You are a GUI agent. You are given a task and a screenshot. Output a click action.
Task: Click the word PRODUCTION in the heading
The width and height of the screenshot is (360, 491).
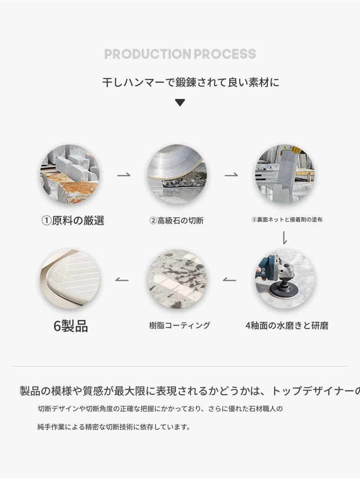(x=148, y=54)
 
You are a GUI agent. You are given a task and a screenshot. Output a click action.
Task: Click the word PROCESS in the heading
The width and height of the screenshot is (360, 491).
(x=225, y=54)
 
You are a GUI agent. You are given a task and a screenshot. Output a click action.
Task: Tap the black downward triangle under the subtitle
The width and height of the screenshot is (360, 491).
(x=180, y=103)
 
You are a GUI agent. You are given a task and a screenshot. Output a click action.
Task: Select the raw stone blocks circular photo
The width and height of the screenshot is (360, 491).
(x=70, y=174)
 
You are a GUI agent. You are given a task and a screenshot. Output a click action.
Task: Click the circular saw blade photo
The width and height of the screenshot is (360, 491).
(x=177, y=174)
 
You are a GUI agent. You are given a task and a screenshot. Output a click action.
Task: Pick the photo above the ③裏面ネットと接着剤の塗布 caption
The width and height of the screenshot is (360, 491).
(x=285, y=174)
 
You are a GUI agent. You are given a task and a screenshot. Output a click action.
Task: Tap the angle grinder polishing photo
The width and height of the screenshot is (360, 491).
(x=285, y=279)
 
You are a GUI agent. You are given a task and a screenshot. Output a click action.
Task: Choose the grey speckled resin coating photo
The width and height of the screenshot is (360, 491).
(x=177, y=279)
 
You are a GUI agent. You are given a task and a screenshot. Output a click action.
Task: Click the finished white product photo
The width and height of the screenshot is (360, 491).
(x=70, y=279)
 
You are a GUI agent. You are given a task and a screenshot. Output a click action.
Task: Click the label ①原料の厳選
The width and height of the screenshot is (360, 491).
(x=73, y=221)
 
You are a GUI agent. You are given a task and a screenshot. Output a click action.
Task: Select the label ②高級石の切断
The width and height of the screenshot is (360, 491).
(x=176, y=221)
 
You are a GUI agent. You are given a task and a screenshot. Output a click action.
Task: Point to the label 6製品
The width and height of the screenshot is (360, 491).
(x=71, y=326)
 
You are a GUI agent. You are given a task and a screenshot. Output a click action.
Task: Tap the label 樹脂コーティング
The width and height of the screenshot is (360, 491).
(x=180, y=326)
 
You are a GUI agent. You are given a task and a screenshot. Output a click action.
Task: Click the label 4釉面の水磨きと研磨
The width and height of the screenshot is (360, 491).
(x=287, y=326)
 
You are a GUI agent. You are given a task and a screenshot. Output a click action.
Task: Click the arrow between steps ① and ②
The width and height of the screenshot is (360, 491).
(x=123, y=175)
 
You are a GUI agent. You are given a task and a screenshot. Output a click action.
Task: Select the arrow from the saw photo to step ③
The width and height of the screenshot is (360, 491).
(x=231, y=175)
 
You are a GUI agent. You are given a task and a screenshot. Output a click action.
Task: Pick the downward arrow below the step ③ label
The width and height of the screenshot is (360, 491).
(x=284, y=238)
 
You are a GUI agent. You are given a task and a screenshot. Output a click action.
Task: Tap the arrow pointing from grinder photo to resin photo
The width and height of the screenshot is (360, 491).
(x=230, y=279)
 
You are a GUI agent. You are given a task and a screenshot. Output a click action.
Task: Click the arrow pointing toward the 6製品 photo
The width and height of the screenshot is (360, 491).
(x=122, y=279)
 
